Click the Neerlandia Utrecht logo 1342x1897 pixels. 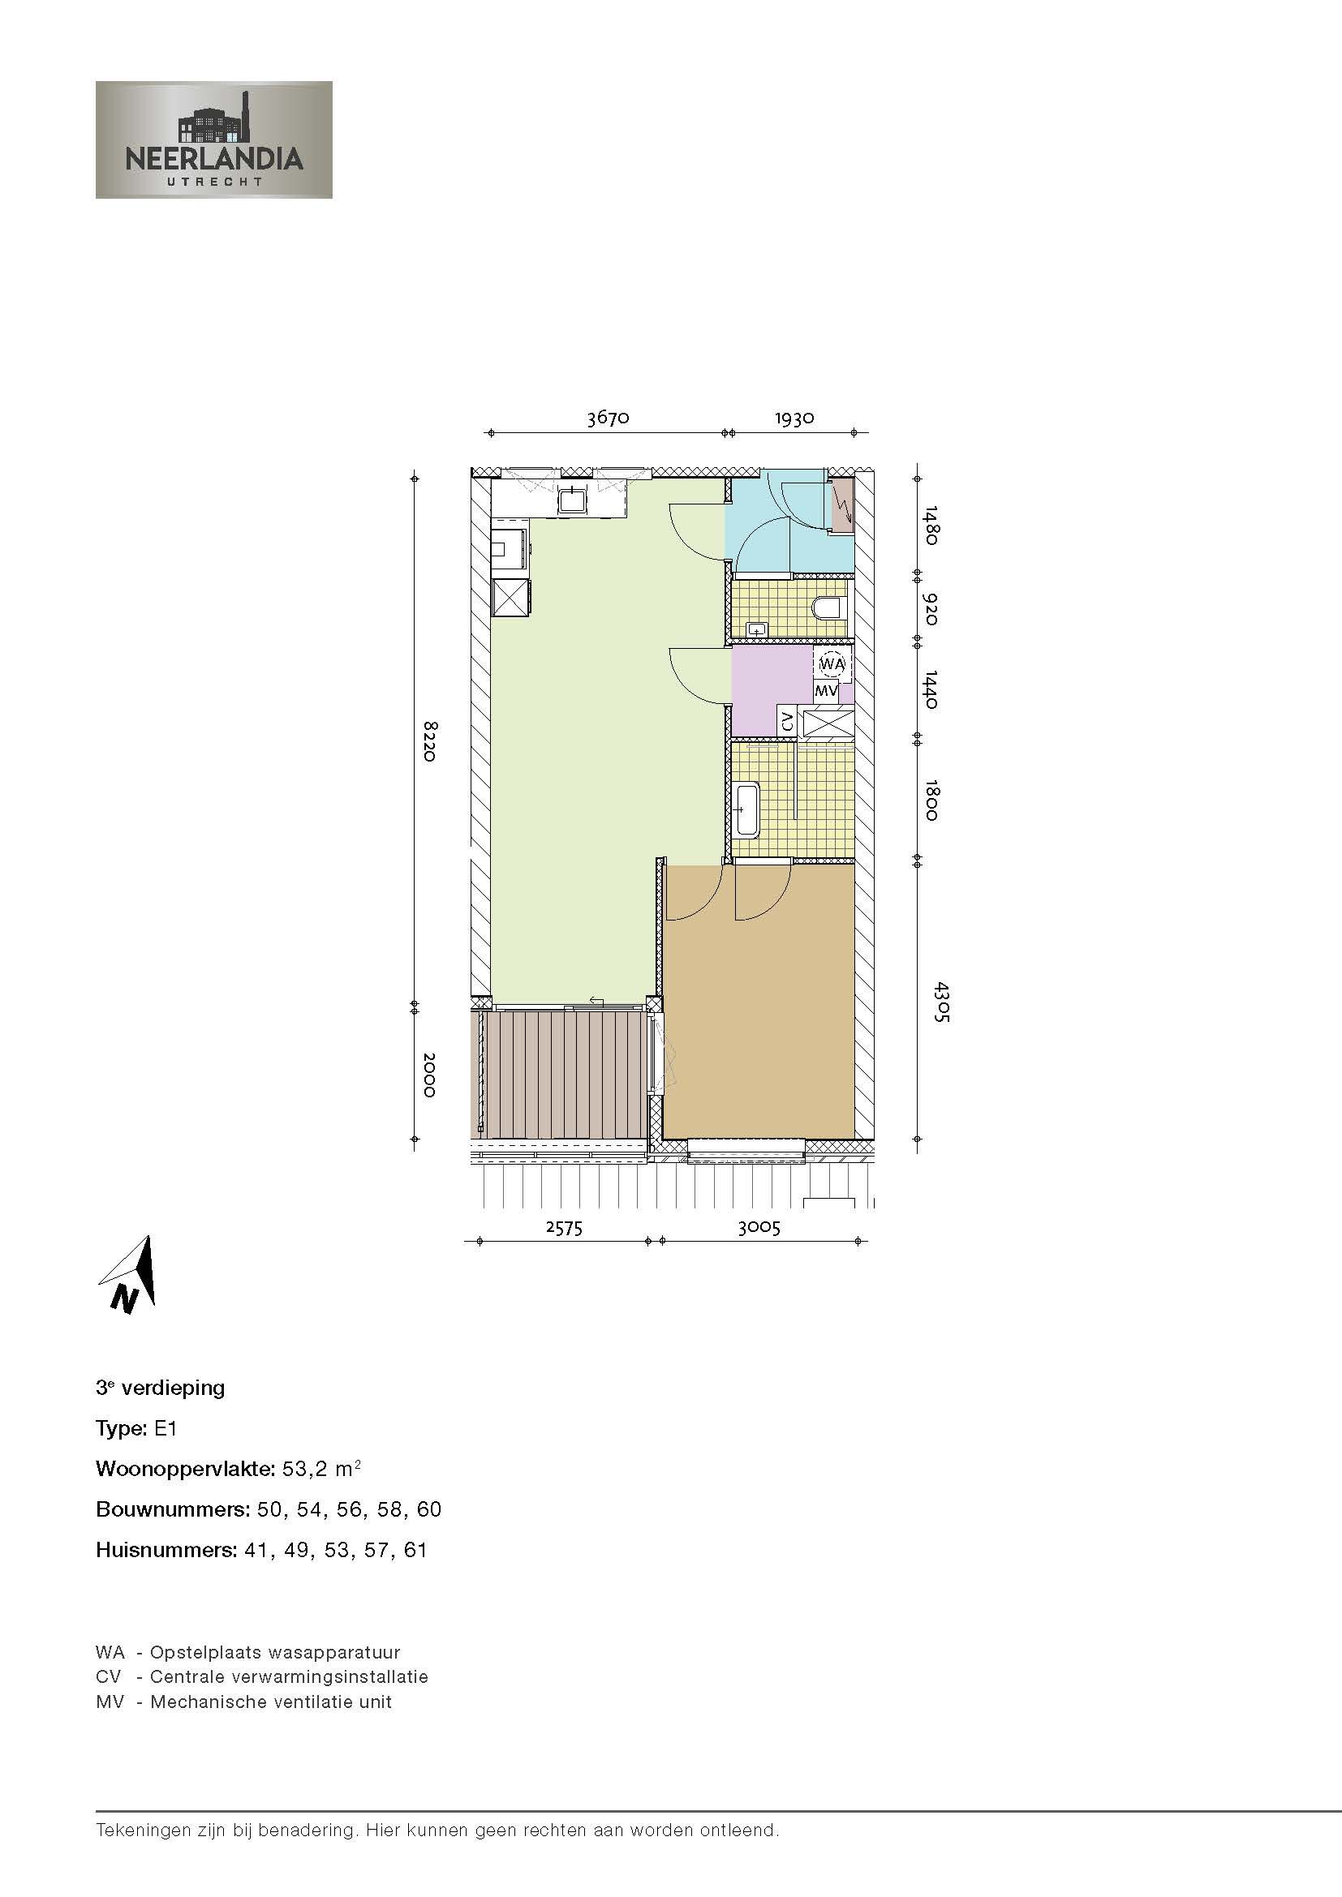coord(214,139)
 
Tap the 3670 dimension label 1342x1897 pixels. coord(609,418)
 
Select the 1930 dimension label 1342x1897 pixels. coord(794,418)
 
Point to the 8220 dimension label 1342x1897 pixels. coord(429,741)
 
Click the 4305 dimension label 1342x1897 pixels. coord(940,1002)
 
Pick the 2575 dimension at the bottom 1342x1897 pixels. coord(565,1228)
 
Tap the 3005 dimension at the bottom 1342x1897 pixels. coord(759,1228)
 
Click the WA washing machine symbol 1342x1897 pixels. coord(832,663)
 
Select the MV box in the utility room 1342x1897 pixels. coord(826,690)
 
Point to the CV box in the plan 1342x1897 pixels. coord(788,720)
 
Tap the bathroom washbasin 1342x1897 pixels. coord(747,808)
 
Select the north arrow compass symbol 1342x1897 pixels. coord(131,1276)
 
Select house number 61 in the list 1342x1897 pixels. coord(415,1550)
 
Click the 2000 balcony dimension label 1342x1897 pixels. coord(429,1075)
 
